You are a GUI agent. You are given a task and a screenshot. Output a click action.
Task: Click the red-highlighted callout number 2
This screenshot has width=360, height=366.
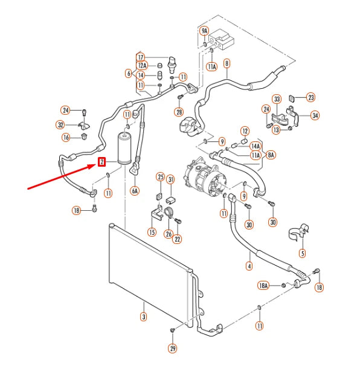[101, 162]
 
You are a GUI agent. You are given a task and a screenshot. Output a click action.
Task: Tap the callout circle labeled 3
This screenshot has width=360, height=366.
[143, 316]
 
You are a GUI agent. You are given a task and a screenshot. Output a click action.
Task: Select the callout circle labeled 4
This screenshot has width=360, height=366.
[249, 265]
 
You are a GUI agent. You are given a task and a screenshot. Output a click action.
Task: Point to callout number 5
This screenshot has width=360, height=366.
[302, 254]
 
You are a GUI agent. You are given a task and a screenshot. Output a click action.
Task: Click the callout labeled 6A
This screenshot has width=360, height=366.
[135, 190]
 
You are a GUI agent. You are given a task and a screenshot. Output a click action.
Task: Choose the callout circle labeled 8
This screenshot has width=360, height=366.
[227, 63]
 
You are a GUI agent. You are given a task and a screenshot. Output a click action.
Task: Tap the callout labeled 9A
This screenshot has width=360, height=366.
[204, 31]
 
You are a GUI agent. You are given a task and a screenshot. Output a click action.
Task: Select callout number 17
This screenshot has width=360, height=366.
[140, 57]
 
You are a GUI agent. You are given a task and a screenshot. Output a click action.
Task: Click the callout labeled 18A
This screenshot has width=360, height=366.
[263, 284]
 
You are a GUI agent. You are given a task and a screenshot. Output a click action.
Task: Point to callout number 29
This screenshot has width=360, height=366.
[173, 348]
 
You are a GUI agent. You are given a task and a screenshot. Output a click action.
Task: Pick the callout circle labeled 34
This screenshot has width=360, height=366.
[315, 115]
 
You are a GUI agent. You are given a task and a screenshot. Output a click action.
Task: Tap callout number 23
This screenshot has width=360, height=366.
[311, 97]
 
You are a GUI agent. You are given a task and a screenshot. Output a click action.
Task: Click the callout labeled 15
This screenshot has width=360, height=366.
[152, 232]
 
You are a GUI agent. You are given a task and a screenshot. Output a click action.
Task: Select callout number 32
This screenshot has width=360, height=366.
[60, 125]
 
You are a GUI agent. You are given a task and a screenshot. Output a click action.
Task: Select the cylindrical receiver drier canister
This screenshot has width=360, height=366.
[125, 148]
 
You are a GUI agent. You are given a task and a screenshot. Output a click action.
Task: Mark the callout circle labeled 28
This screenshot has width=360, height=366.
[179, 112]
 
